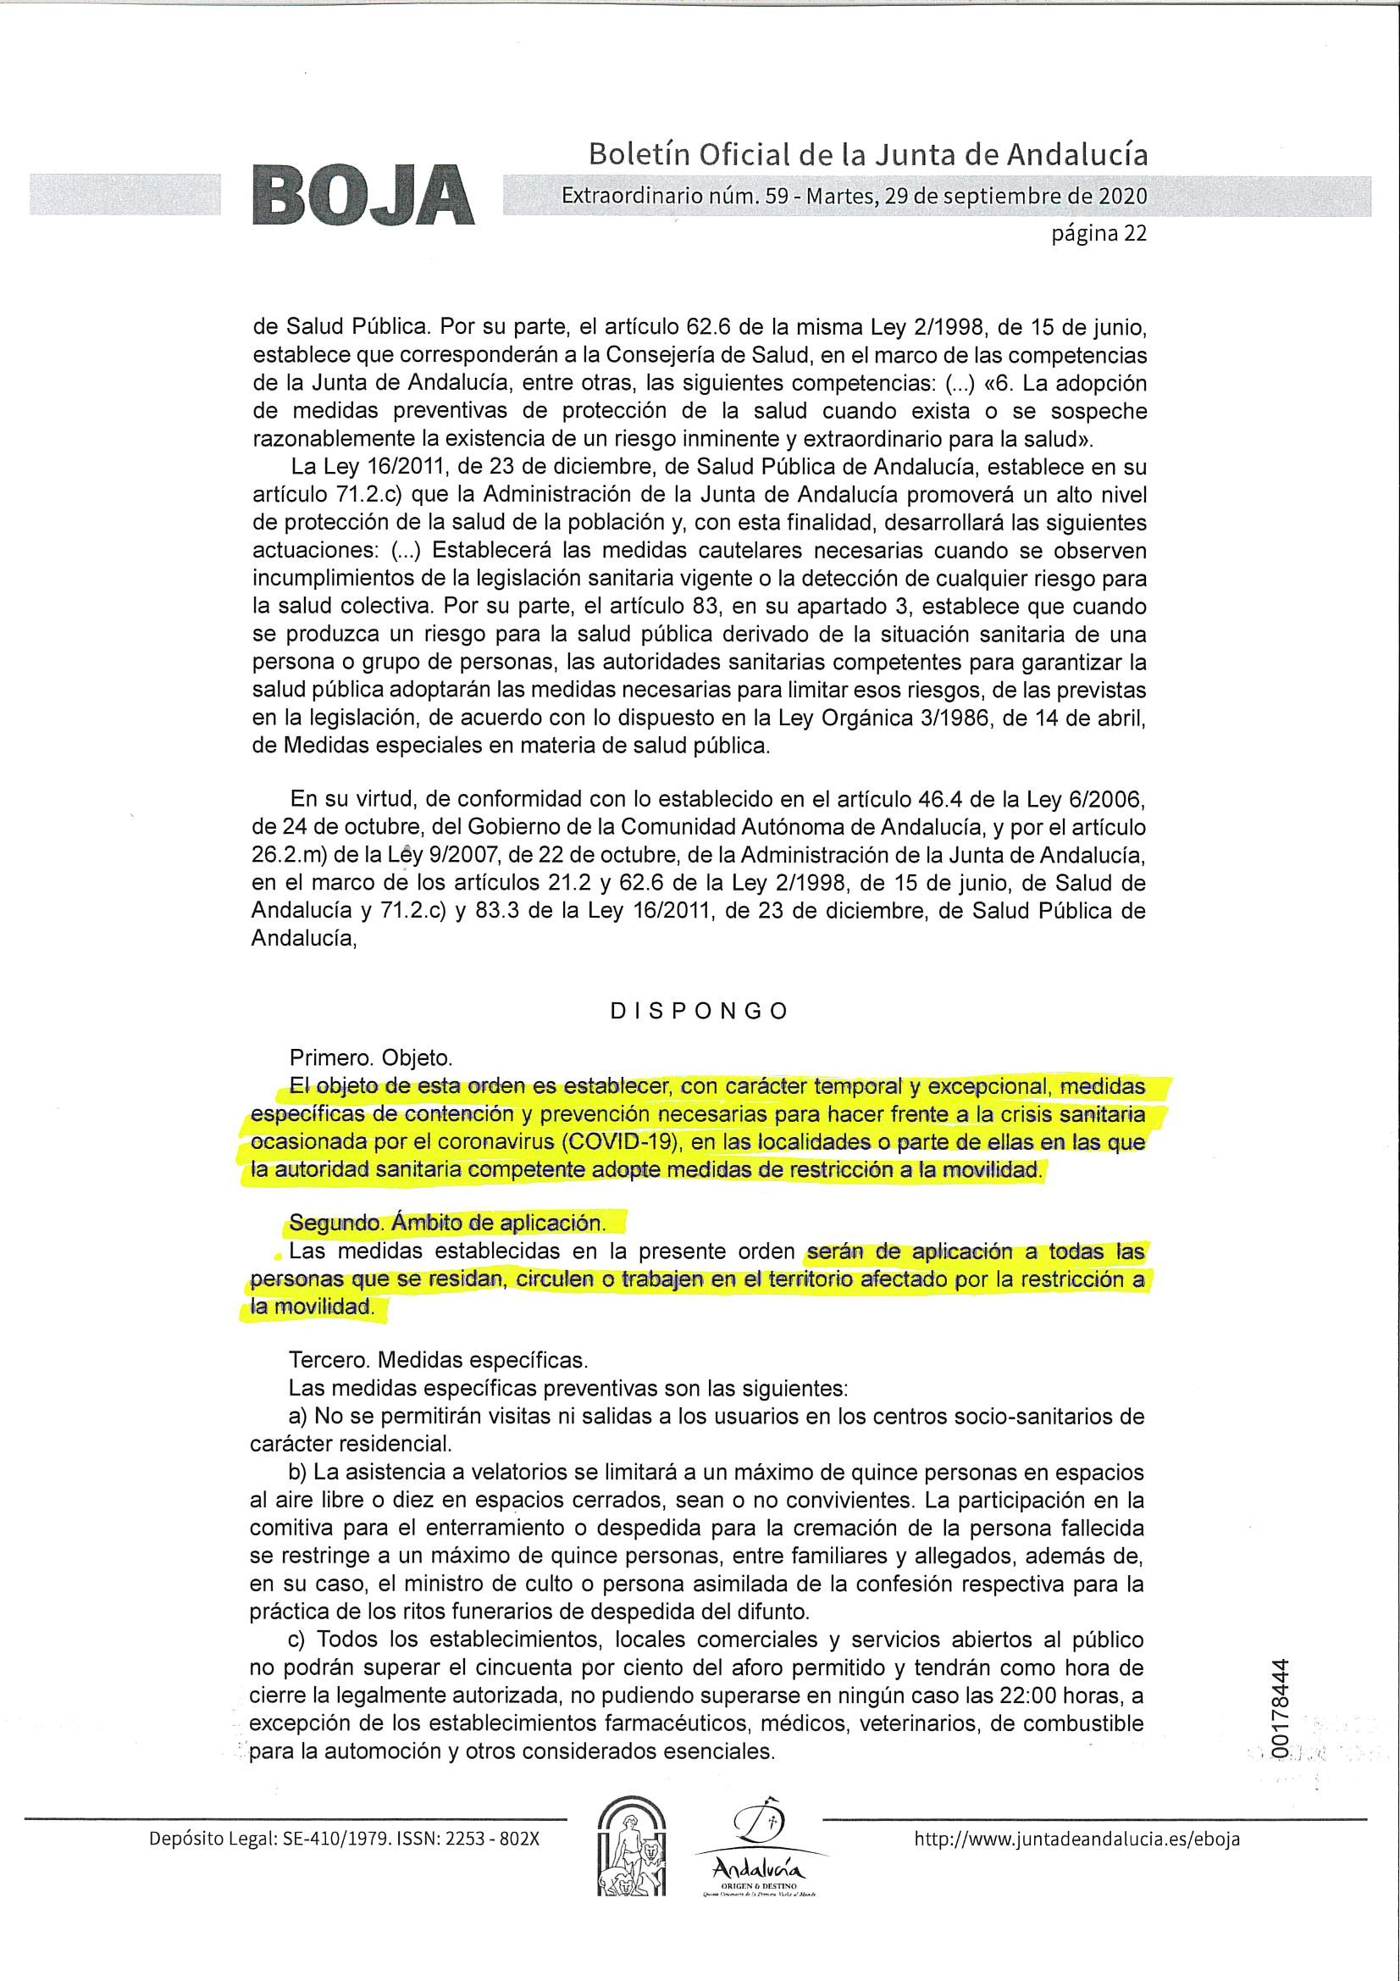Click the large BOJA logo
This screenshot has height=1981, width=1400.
click(363, 197)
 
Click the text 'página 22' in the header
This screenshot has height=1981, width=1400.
click(1098, 234)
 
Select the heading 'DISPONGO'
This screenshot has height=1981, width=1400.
click(699, 1011)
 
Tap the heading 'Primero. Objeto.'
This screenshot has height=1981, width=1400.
click(370, 1057)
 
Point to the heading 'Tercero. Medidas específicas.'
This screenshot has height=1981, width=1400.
click(438, 1361)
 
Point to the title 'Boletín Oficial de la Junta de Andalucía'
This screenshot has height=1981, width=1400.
click(868, 155)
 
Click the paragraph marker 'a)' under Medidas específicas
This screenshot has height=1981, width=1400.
click(298, 1416)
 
